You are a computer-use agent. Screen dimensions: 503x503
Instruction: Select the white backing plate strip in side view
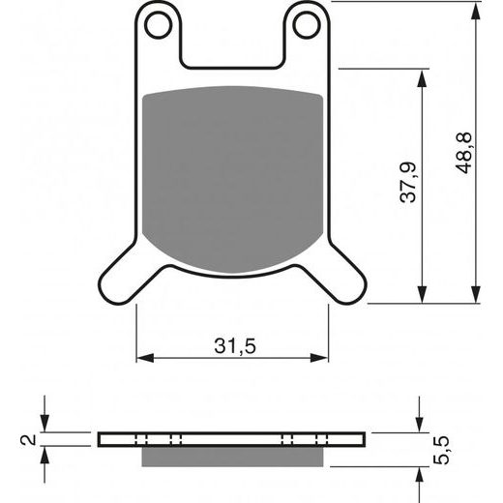pyautogui.click(x=232, y=438)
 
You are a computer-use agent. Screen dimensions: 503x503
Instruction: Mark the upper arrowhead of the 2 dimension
pyautogui.click(x=45, y=425)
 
